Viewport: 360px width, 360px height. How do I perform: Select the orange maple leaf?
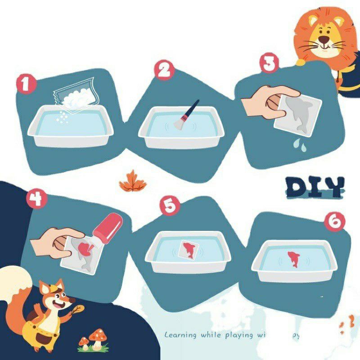pos(133,181)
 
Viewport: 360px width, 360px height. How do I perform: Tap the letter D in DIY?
pos(297,187)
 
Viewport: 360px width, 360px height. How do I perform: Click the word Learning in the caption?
pos(180,335)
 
